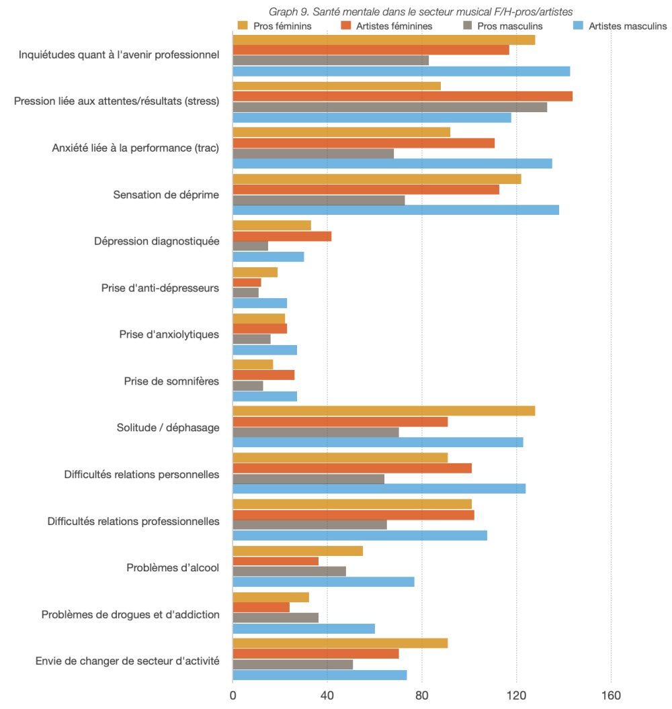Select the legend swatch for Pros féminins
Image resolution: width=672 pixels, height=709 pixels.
(243, 26)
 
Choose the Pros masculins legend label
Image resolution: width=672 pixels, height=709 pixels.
(509, 26)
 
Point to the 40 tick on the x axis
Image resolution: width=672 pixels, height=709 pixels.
(327, 696)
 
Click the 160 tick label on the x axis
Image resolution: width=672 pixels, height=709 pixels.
(612, 696)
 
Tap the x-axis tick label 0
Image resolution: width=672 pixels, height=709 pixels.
(233, 696)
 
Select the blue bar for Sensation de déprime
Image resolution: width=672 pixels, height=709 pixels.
(396, 210)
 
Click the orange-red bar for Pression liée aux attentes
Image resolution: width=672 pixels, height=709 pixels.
(403, 96)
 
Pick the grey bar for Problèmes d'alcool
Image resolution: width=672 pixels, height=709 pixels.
(289, 571)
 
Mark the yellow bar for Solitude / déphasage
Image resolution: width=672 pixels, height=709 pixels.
(384, 411)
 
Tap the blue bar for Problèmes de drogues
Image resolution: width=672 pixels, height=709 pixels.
(304, 628)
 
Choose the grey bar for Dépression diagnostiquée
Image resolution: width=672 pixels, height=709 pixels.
(250, 246)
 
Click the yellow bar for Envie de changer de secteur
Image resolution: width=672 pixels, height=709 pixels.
(340, 643)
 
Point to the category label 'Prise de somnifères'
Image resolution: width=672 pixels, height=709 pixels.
(171, 381)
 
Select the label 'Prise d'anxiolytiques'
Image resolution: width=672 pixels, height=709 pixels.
(169, 334)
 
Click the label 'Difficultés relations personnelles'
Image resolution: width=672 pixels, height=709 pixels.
(142, 475)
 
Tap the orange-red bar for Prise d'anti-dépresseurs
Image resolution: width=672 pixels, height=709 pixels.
(247, 283)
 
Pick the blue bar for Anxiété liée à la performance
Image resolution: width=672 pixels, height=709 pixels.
(392, 164)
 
